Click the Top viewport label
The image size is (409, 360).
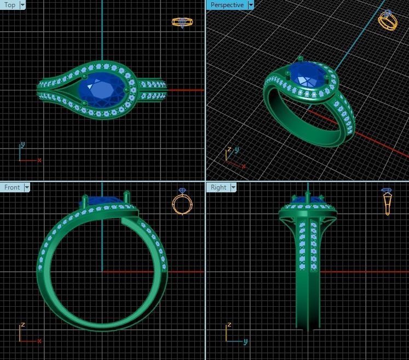coord(10,5)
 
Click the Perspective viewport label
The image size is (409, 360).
coord(227,5)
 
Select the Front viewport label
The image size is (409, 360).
coord(11,187)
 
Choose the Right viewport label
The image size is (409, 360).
coord(218,187)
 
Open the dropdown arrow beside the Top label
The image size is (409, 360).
coord(22,5)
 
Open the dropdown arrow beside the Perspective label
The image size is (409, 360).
coord(251,5)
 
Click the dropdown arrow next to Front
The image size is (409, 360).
coord(26,187)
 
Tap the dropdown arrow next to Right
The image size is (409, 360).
coord(233,187)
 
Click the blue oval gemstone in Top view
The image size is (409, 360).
coord(101,89)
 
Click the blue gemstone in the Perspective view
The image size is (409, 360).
coord(306,75)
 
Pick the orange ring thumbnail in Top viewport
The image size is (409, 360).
coord(182,22)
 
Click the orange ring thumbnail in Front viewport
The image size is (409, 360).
coord(182,202)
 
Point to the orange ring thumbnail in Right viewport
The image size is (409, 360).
coord(387,201)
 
